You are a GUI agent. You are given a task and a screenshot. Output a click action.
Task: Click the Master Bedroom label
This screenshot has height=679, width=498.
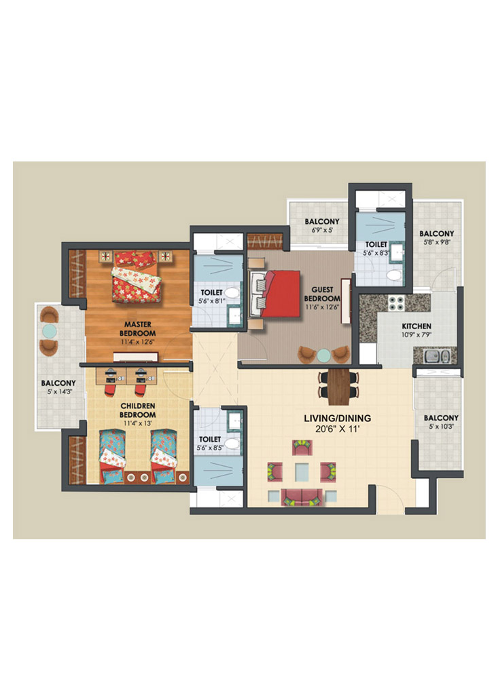[138, 329]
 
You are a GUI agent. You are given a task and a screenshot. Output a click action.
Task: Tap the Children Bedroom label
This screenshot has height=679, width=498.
[138, 410]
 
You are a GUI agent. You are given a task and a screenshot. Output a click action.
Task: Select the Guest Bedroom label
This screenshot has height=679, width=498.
[322, 294]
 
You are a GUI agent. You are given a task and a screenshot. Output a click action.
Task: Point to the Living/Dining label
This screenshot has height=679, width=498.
[338, 419]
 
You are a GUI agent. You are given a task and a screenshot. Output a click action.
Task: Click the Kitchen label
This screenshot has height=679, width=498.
[416, 326]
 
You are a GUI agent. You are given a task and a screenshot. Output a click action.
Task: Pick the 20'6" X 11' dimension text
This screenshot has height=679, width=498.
[338, 429]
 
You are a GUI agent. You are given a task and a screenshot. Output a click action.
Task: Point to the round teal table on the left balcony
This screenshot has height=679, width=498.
[49, 331]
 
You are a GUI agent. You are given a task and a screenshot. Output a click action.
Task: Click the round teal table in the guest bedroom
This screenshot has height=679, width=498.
[323, 355]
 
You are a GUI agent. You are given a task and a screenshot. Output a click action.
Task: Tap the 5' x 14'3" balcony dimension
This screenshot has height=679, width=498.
[58, 392]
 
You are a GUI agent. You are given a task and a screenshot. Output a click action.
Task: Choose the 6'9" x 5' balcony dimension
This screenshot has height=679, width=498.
[322, 231]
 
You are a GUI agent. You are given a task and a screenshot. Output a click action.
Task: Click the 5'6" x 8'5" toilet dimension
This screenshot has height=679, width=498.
[210, 448]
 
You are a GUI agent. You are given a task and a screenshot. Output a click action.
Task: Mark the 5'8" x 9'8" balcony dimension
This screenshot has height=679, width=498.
[437, 243]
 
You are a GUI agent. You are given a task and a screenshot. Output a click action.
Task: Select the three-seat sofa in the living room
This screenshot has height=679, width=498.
[302, 497]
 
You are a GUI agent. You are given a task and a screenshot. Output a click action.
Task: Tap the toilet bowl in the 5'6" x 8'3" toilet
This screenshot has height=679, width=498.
[394, 275]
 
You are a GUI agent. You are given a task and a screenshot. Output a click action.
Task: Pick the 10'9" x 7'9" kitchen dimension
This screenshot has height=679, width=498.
[416, 334]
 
